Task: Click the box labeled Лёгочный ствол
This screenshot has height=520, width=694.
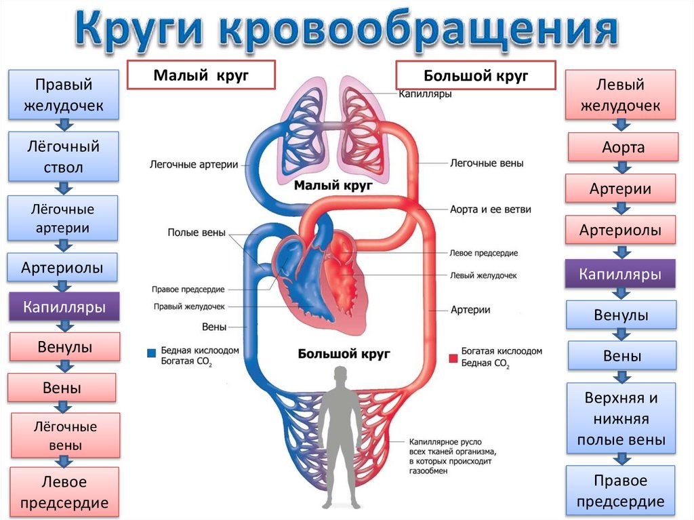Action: [64, 157]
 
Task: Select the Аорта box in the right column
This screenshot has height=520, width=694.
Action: [623, 147]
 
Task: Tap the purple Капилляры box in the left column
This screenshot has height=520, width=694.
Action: [64, 306]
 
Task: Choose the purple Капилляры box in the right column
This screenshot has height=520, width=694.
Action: [620, 275]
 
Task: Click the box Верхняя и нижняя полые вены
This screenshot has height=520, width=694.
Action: [621, 419]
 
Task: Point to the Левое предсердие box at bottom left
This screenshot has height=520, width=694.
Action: [64, 492]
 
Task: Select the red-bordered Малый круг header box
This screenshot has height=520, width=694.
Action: [201, 75]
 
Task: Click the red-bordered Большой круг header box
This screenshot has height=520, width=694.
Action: [476, 75]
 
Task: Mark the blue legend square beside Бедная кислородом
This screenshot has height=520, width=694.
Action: [151, 353]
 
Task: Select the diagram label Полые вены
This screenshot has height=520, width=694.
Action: [196, 233]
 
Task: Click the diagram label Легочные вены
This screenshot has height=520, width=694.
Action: [487, 163]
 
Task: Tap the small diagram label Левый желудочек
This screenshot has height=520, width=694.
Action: [483, 276]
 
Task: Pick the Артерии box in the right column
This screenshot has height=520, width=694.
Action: [620, 188]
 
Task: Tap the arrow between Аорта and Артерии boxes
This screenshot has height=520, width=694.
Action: [620, 167]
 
